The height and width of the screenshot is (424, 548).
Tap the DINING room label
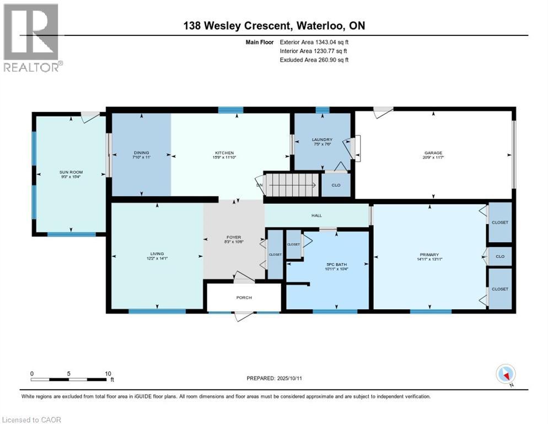[141, 153]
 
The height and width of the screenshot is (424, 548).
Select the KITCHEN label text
[224, 153]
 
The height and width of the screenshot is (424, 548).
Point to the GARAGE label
[433, 153]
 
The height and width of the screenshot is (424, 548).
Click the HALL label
[316, 216]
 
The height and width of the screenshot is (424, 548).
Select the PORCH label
[244, 298]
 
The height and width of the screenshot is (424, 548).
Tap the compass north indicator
[506, 375]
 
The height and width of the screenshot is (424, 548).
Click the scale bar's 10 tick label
[108, 374]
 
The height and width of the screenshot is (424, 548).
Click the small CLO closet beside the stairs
[336, 185]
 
